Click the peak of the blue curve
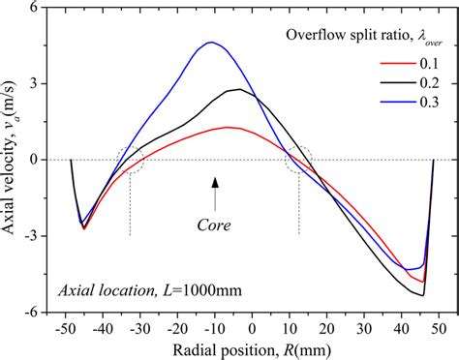210,43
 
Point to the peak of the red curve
228,127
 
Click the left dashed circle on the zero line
130,161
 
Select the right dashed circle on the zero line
299,161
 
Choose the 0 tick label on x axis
253,329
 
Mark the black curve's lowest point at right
423,295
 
